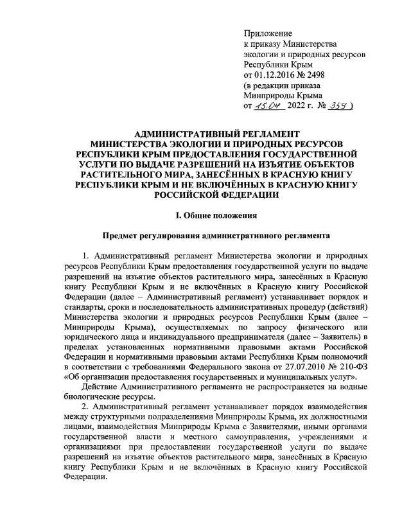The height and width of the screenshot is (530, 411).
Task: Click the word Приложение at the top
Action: coord(268,33)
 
